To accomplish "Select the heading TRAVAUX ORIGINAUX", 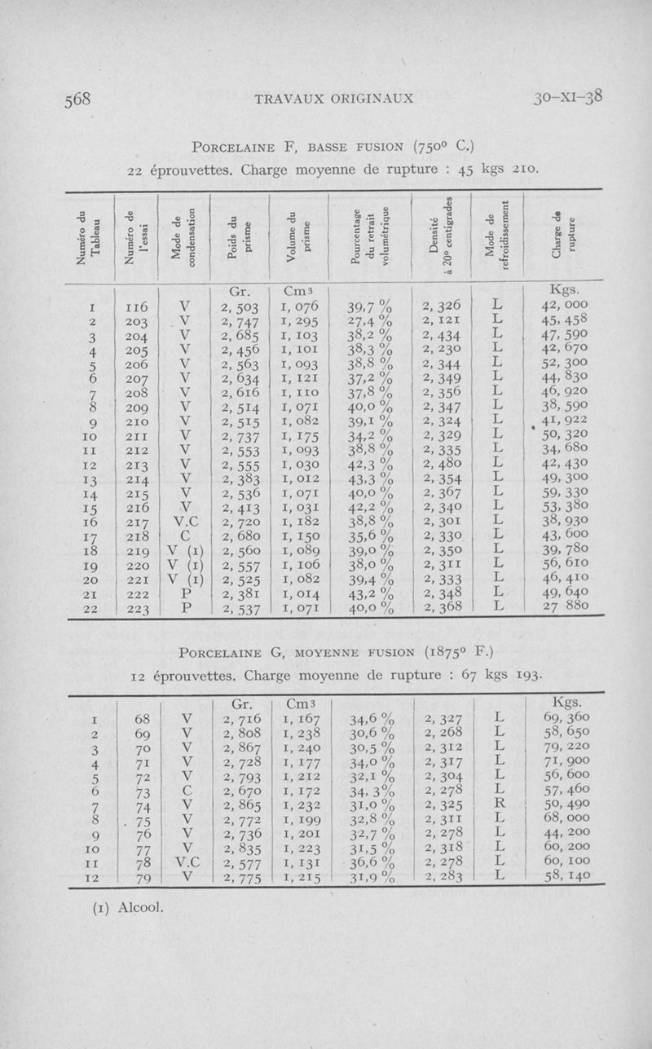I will point(334,99).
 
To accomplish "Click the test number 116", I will point(135,306).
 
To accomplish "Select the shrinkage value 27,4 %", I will point(370,322).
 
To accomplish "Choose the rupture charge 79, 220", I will point(566,750).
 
